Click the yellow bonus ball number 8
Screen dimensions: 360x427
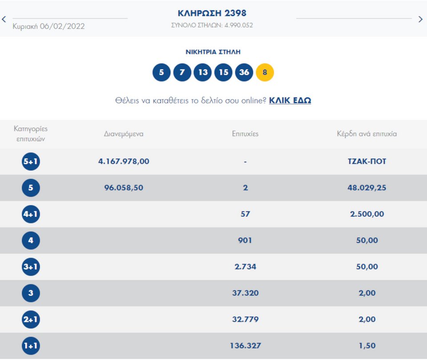[265, 72]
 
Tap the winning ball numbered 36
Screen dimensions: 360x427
[244, 72]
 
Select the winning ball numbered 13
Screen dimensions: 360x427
[202, 72]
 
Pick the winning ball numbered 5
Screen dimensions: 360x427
[161, 72]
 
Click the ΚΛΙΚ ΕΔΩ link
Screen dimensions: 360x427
[290, 100]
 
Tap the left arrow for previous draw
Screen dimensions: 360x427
[4, 19]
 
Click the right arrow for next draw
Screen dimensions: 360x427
[420, 19]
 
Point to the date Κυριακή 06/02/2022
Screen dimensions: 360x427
[49, 26]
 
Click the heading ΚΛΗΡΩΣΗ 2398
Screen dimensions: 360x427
[212, 13]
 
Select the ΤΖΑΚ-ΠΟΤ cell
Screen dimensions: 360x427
[367, 161]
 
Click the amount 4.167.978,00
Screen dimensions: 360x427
[124, 161]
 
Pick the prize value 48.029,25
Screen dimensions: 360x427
[367, 188]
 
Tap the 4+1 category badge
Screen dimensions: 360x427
[31, 214]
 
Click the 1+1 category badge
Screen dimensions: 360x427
[31, 346]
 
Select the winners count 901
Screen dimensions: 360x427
[245, 240]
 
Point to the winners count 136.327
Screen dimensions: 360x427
[245, 346]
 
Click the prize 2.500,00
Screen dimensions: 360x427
[367, 214]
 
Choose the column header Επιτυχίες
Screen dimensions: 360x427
[245, 134]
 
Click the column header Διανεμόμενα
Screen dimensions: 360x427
[124, 134]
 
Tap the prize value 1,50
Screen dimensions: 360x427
[367, 346]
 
